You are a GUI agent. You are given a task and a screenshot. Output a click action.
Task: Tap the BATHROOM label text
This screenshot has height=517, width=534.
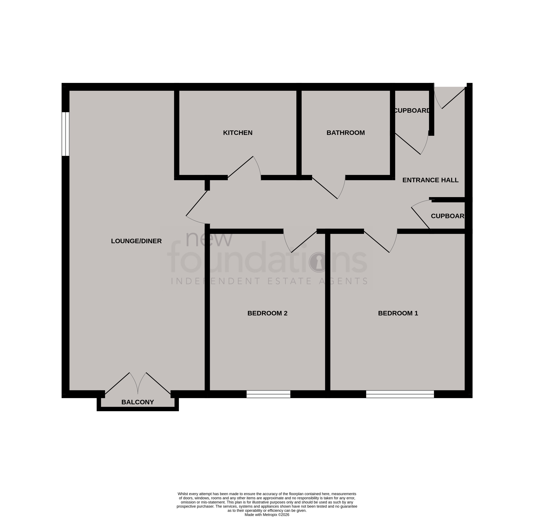pyautogui.click(x=345, y=133)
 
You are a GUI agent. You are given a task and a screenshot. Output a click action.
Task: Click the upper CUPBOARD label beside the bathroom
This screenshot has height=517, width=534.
pyautogui.click(x=412, y=110)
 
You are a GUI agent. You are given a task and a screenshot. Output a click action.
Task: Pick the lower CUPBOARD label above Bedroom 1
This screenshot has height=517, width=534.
pyautogui.click(x=447, y=216)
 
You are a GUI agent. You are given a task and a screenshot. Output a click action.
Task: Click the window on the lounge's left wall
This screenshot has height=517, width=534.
pyautogui.click(x=65, y=134)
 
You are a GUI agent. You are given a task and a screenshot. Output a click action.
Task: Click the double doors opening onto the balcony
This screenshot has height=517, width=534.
pyautogui.click(x=138, y=384)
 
